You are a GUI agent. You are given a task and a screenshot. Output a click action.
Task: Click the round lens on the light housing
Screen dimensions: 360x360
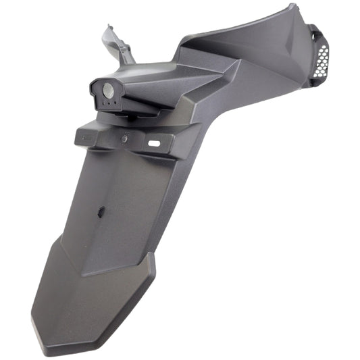[x=107, y=89]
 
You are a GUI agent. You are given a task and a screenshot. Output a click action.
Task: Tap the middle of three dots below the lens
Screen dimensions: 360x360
[x=110, y=105]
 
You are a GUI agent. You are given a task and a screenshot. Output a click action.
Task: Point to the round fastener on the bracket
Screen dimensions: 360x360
[x=124, y=139]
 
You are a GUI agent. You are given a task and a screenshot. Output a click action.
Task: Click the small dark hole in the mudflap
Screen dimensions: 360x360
[x=100, y=212]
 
